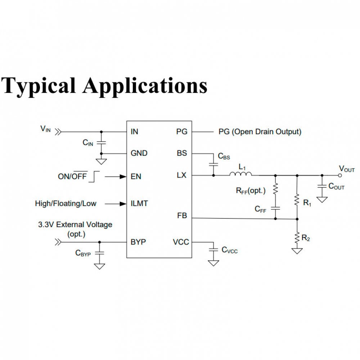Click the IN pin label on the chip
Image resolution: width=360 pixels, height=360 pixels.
pos(134,132)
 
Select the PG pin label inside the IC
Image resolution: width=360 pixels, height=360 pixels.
pos(182,132)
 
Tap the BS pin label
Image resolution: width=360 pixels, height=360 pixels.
pos(182,153)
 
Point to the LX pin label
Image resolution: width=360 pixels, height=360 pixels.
pos(182,175)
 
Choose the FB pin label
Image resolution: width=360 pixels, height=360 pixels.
pos(182,216)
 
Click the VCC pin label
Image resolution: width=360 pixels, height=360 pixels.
pos(181,242)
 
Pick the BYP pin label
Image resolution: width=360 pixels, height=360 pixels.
pos(138,242)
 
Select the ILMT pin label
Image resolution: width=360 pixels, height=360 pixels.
pos(139,203)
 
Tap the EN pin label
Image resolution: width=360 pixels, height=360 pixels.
pos(136,177)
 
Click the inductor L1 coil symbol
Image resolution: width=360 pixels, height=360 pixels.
pos(240,175)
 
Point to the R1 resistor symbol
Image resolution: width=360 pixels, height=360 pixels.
pos(297,200)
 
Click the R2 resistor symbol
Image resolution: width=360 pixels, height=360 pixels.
pos(297,238)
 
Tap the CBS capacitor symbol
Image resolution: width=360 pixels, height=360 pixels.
pos(213,164)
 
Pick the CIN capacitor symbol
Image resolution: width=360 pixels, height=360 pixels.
pos(102,143)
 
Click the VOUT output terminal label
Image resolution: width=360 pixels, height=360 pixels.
pos(347,168)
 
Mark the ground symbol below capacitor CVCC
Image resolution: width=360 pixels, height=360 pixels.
pos(213,263)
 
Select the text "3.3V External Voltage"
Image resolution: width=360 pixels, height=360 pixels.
pos(75,225)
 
